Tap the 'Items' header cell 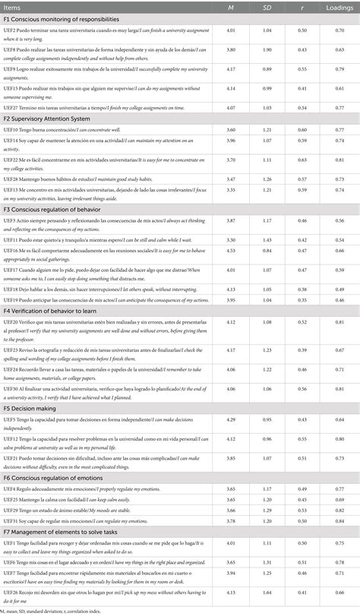(14, 7)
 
